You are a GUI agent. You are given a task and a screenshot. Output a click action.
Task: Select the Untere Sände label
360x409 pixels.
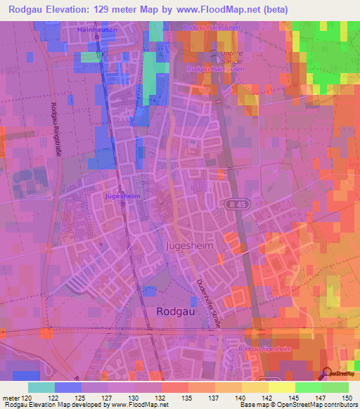pyautogui.click(x=214, y=60)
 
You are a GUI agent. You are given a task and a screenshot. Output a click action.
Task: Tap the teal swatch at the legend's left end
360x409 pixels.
pyautogui.click(x=41, y=387)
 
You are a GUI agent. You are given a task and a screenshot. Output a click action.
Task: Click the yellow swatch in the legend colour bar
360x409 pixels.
pyautogui.click(x=281, y=387)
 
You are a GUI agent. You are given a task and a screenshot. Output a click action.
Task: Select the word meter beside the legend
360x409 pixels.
pyautogui.click(x=10, y=398)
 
